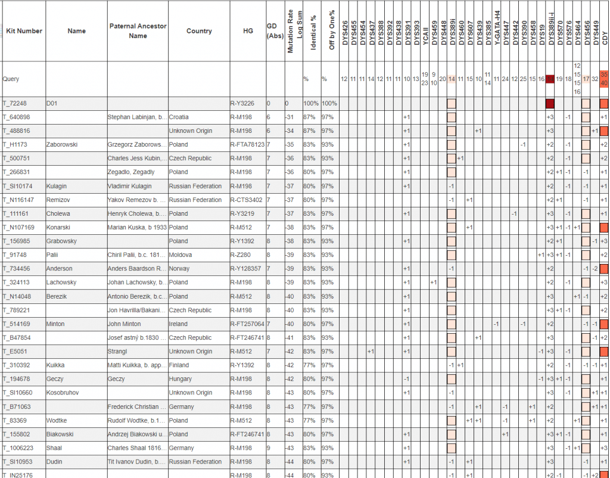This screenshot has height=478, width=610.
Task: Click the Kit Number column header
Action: [x=24, y=31]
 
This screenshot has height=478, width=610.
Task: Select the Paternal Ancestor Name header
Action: [x=138, y=31]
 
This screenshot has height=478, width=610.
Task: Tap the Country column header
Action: [x=199, y=31]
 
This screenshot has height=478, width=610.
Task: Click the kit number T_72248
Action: [x=15, y=103]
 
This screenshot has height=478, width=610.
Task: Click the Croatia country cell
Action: [x=180, y=117]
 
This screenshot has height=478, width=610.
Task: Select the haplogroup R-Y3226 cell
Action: [x=242, y=103]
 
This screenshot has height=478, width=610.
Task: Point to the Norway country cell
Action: [x=180, y=269]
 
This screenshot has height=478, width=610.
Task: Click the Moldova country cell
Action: [x=181, y=255]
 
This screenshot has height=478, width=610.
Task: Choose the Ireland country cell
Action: [x=179, y=324]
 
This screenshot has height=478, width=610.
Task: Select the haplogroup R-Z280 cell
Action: [x=241, y=255]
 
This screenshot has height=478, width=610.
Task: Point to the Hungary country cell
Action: [x=180, y=379]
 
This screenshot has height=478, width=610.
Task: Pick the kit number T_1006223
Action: [x=19, y=448]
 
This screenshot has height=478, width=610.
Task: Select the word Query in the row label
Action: [x=11, y=79]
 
